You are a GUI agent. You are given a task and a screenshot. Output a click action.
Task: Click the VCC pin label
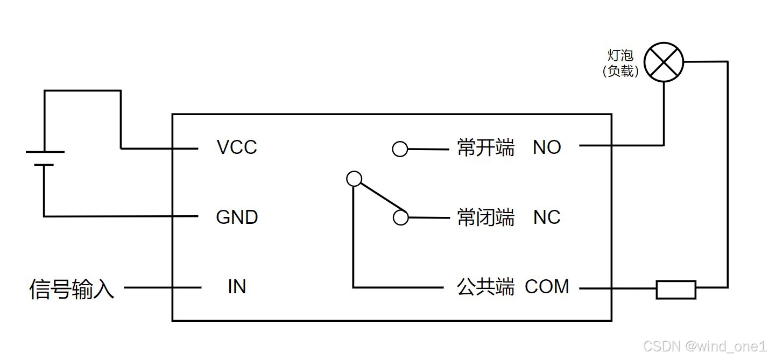(x=237, y=147)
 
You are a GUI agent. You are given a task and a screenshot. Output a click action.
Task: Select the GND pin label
(x=237, y=217)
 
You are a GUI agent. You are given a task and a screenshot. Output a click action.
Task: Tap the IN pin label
(x=237, y=287)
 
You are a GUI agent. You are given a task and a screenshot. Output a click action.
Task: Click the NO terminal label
(x=547, y=147)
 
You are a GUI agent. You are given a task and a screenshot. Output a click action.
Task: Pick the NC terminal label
(x=547, y=217)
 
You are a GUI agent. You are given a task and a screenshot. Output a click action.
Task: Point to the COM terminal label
(x=547, y=287)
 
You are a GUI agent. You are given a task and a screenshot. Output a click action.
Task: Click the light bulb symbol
(x=664, y=62)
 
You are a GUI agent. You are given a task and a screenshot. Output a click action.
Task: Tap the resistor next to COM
(x=676, y=289)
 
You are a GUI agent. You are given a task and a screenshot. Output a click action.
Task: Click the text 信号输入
(x=72, y=289)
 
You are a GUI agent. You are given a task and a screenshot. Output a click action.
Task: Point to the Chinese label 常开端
(x=485, y=147)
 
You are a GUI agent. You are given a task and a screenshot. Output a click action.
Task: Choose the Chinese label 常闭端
(x=485, y=217)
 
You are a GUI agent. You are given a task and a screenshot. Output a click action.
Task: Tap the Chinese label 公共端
(x=485, y=287)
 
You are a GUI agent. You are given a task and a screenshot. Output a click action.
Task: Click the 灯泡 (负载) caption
(x=620, y=63)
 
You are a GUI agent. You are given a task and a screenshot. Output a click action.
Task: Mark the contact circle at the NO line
(x=400, y=149)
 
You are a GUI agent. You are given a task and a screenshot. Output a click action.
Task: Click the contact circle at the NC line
(x=400, y=217)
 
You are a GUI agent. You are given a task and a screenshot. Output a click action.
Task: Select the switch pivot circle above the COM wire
(x=354, y=179)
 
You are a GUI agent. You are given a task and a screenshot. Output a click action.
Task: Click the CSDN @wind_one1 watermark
(x=704, y=345)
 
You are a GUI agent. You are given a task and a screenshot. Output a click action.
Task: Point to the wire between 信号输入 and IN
(x=163, y=288)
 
